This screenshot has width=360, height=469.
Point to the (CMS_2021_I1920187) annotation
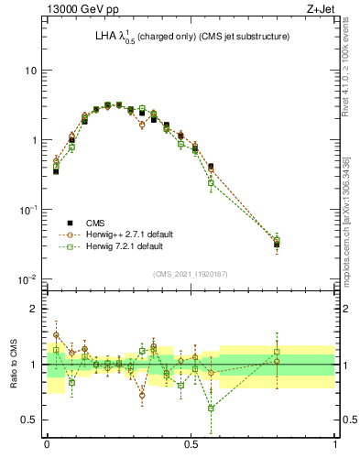[191, 274]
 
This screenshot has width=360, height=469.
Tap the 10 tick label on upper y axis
[30, 71]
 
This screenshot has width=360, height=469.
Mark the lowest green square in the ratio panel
[212, 409]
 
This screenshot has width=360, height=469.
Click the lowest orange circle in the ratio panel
[142, 396]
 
